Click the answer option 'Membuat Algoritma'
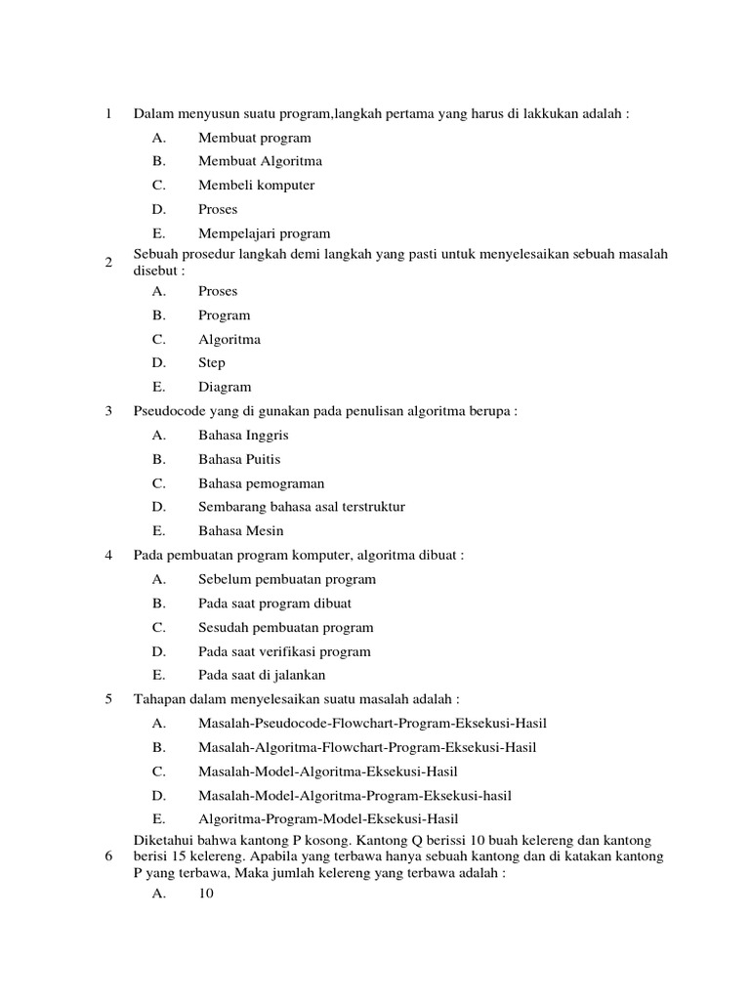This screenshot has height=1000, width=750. click(260, 161)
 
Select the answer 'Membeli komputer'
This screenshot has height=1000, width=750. click(256, 186)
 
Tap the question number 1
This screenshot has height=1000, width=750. click(108, 114)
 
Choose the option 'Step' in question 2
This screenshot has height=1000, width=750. click(212, 363)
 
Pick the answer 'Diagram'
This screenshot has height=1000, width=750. click(225, 387)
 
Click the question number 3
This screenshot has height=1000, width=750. click(108, 411)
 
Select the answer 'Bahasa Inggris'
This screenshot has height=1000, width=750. click(243, 436)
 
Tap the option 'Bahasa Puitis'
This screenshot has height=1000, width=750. click(239, 459)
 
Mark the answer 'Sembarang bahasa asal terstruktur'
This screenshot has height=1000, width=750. click(301, 507)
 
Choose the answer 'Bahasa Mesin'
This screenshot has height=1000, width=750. click(240, 531)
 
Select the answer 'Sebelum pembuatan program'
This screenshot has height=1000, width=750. click(286, 579)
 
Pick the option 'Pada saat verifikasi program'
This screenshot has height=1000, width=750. click(284, 651)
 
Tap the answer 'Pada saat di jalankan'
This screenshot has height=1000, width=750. click(262, 675)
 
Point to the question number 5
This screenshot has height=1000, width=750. click(108, 699)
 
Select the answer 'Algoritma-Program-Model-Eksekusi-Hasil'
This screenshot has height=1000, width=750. click(328, 819)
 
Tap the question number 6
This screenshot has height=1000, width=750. click(108, 856)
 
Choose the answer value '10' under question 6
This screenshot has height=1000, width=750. click(205, 893)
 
